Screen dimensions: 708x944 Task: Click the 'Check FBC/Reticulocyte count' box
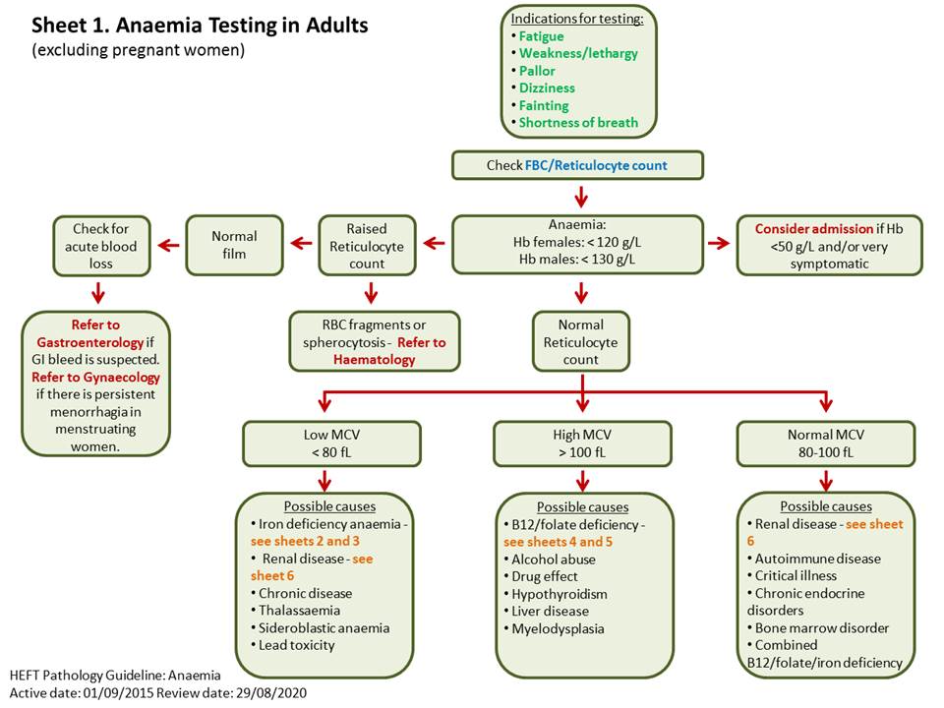click(x=577, y=165)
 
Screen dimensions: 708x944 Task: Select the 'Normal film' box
click(x=234, y=244)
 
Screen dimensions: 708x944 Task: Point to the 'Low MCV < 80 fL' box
click(x=324, y=442)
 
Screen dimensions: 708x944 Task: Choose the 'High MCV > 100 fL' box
click(x=582, y=442)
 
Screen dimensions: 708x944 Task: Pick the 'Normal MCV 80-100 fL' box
click(x=827, y=442)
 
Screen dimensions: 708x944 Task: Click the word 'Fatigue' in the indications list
click(x=542, y=36)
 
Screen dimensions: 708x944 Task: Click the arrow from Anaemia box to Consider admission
click(x=721, y=244)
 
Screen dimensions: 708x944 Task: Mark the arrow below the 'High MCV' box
click(x=582, y=480)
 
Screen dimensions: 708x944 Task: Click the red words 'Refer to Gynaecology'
click(x=95, y=377)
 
